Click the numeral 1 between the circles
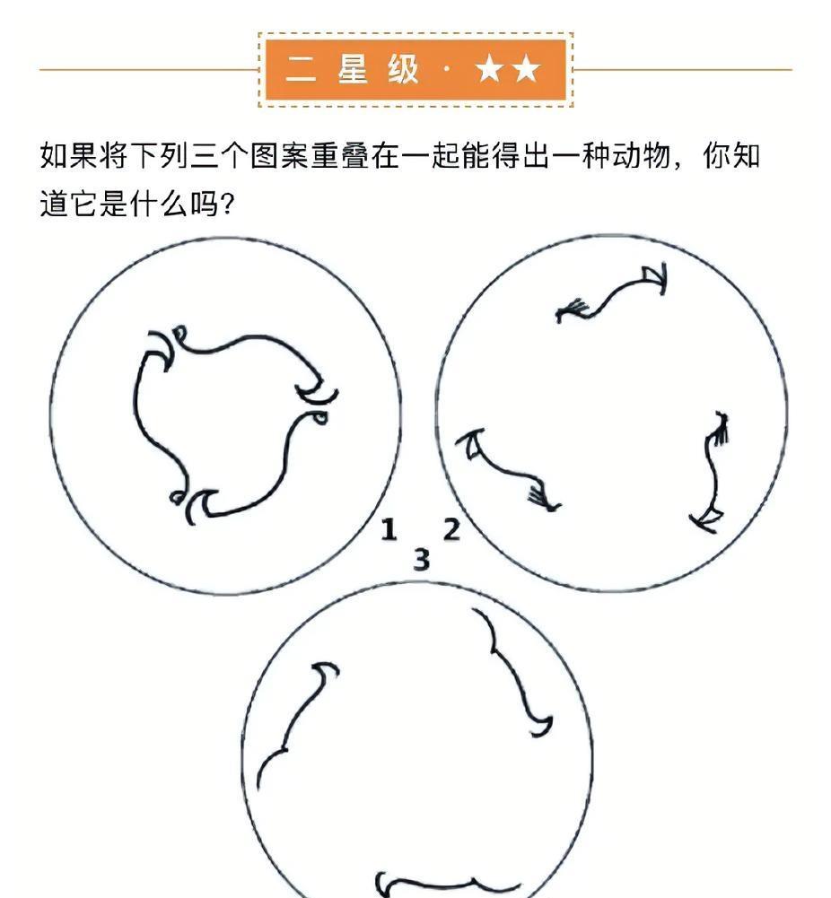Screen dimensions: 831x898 click(389, 529)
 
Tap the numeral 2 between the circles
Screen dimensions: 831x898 click(451, 529)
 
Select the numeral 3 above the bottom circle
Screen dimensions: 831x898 click(422, 560)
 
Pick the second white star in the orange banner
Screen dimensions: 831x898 click(526, 69)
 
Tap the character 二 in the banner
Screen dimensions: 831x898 click(302, 69)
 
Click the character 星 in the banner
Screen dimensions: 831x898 click(352, 69)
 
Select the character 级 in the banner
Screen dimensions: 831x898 click(403, 69)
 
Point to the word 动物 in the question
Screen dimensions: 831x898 click(642, 156)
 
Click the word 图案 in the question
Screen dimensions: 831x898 click(280, 156)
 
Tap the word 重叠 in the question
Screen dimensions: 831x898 click(340, 156)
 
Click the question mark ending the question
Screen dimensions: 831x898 click(227, 204)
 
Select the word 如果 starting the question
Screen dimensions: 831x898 click(69, 156)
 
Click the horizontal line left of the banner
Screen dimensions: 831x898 click(149, 70)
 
